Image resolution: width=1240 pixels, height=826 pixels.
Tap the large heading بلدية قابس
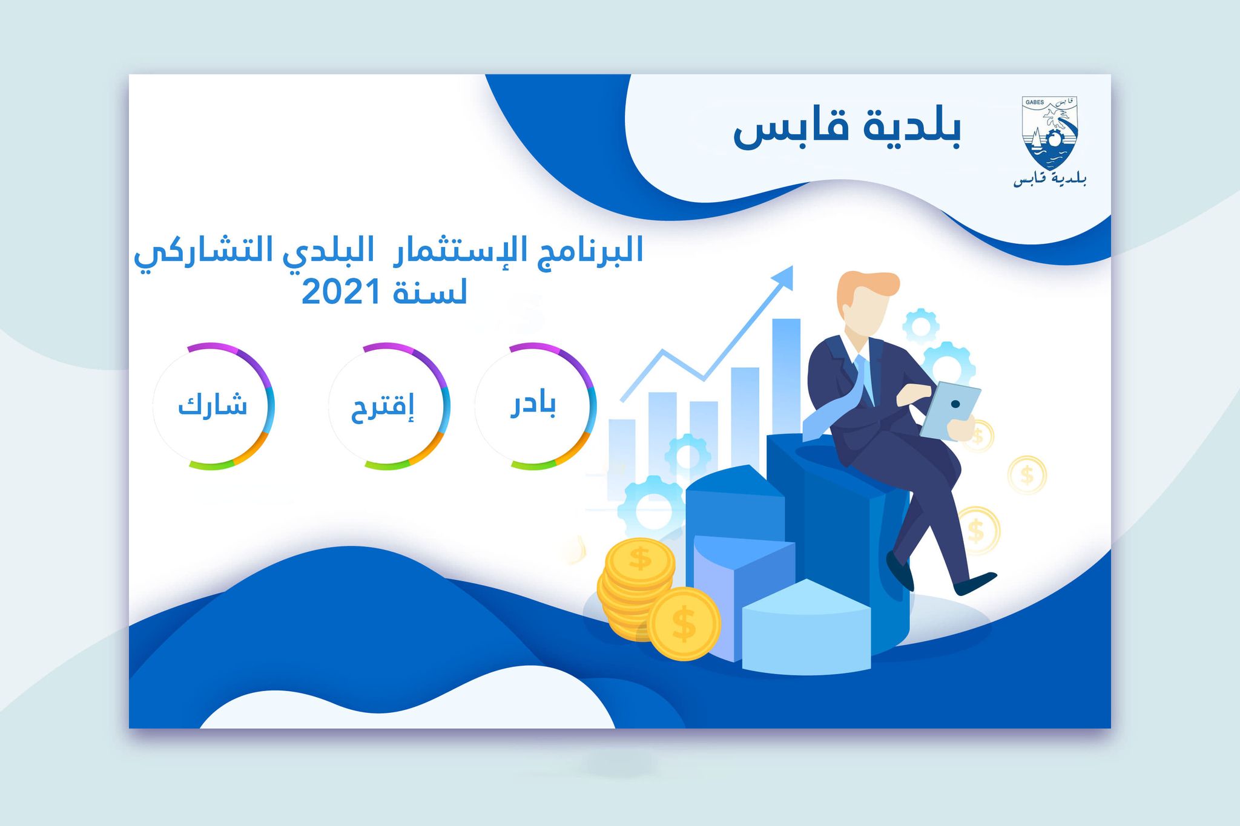click(x=847, y=128)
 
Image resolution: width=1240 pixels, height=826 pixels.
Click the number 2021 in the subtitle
click(x=341, y=293)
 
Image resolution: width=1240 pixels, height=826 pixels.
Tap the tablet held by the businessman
click(x=950, y=411)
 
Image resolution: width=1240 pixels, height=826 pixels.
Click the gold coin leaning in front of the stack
click(x=684, y=623)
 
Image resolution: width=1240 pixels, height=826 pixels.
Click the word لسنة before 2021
click(x=430, y=292)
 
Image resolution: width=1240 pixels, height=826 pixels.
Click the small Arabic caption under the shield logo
click(x=1050, y=179)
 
